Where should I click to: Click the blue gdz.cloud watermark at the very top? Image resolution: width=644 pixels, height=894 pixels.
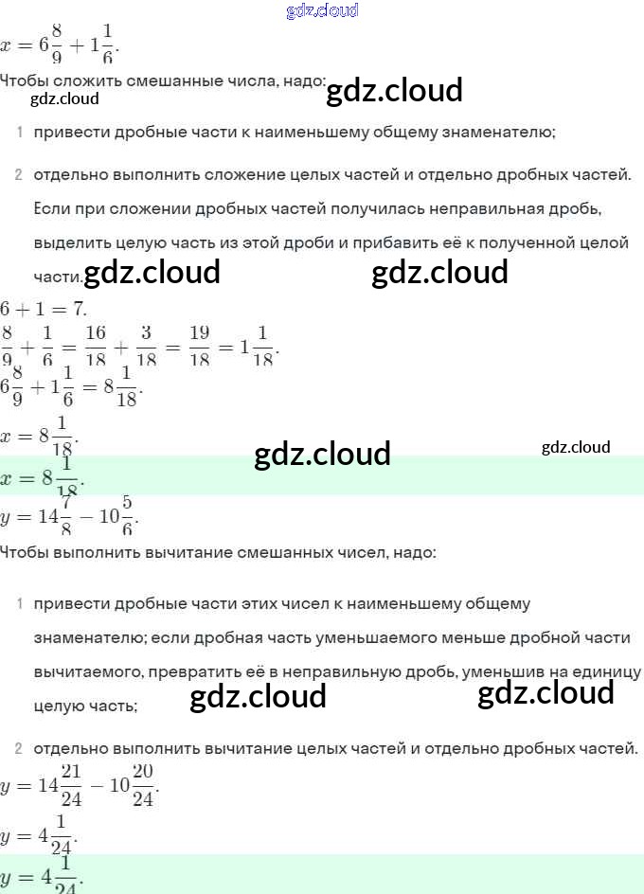point(322,11)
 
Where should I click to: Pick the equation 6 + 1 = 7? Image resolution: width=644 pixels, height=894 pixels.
point(44,309)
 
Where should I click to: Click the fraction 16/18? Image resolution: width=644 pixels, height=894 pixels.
point(96,345)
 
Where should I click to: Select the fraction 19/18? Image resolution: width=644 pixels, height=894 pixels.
point(199,345)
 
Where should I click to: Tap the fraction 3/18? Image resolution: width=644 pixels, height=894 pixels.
point(147,345)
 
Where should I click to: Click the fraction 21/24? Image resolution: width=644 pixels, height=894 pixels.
point(72,786)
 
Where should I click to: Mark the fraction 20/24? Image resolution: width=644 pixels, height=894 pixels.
point(143,786)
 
